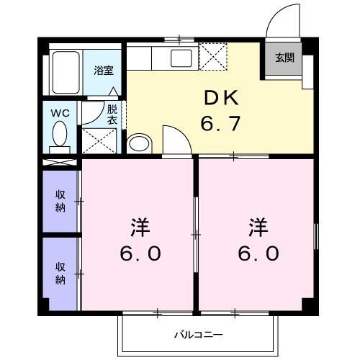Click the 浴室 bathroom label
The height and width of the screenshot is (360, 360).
click(104, 71)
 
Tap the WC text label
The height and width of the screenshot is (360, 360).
click(59, 112)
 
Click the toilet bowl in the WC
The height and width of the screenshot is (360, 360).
click(60, 134)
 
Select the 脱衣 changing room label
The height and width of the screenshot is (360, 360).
click(112, 115)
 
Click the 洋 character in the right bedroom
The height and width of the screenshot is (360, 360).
click(258, 228)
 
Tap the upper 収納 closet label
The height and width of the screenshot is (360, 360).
click(61, 202)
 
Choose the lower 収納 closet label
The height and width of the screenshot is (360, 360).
click(61, 273)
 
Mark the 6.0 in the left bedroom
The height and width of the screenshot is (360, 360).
click(140, 253)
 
